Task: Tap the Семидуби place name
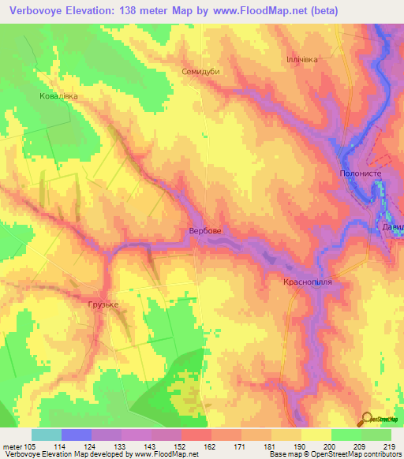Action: [x=200, y=69]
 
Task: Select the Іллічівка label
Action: [x=304, y=59]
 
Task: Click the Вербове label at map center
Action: [x=204, y=231]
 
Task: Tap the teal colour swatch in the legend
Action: [x=47, y=435]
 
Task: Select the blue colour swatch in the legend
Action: [x=77, y=435]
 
